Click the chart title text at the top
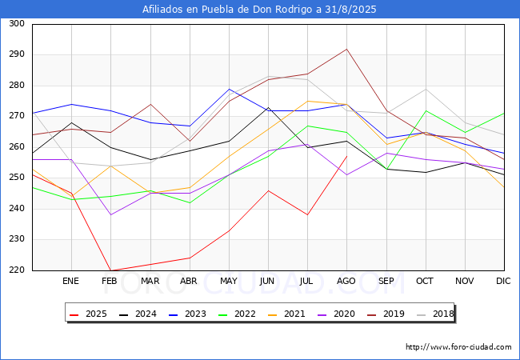(259, 10)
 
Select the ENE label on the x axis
(71, 282)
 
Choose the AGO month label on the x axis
(346, 282)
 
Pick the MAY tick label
(229, 282)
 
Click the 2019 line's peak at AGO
(346, 49)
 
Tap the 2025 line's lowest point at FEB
(110, 270)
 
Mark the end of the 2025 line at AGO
(346, 156)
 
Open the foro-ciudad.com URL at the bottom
(458, 347)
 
